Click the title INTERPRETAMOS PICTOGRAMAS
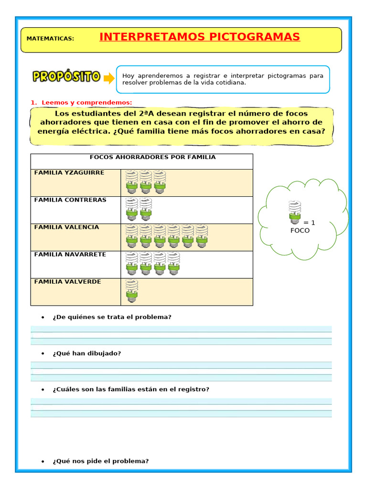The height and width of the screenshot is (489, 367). tap(200, 37)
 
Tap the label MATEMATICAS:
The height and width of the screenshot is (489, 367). tap(50, 38)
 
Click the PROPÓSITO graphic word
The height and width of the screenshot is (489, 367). tap(66, 76)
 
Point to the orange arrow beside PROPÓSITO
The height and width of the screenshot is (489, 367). tap(109, 78)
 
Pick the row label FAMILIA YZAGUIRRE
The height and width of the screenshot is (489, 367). tap(69, 172)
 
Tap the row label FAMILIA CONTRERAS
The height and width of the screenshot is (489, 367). tap(70, 200)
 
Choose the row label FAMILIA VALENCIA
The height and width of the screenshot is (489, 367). tap(66, 227)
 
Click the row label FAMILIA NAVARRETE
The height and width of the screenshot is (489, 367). tap(70, 254)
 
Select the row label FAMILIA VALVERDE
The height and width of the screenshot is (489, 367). tap(67, 281)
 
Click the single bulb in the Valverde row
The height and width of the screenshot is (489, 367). tap(132, 291)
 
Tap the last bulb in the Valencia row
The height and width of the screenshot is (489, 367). tap(202, 236)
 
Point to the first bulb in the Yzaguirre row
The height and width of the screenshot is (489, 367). tap(132, 182)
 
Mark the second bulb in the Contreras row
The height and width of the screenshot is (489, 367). tap(146, 209)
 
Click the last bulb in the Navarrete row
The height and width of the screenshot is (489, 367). tap(173, 264)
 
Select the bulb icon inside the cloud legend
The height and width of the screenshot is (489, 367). tap(295, 213)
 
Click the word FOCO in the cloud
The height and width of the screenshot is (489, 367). tap(300, 230)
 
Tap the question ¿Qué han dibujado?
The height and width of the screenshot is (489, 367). tap(87, 353)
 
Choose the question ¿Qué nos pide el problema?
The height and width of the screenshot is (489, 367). tap(101, 461)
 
